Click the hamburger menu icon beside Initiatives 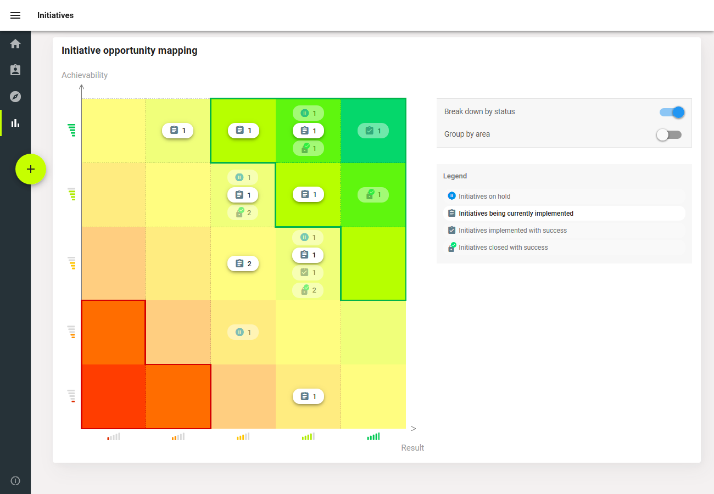(x=15, y=15)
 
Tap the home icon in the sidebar (x=15, y=44)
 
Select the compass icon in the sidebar (x=15, y=97)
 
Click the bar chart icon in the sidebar (x=15, y=123)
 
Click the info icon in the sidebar (x=15, y=481)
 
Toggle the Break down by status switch (x=672, y=112)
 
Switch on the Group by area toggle (x=669, y=134)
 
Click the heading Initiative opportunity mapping (x=129, y=50)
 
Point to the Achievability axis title (x=85, y=75)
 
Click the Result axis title (x=412, y=448)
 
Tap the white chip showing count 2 (x=243, y=263)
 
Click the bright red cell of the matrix (x=113, y=396)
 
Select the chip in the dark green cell (x=373, y=131)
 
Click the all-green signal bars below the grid (x=373, y=437)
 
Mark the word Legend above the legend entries (x=455, y=176)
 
